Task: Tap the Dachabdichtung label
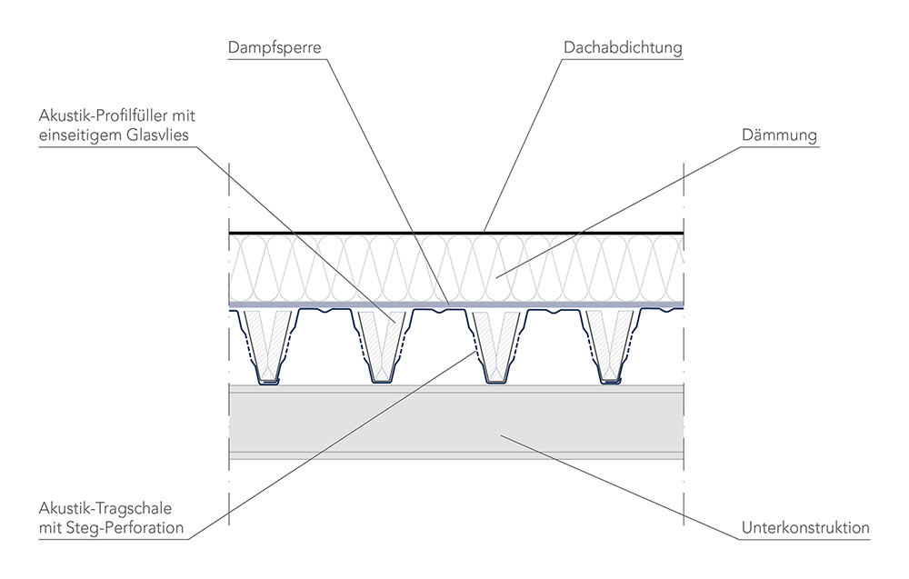[x=623, y=46]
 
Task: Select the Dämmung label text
[x=780, y=135]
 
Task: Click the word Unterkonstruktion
[x=806, y=527]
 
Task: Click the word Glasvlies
[x=165, y=135]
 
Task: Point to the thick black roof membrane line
[x=364, y=234]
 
